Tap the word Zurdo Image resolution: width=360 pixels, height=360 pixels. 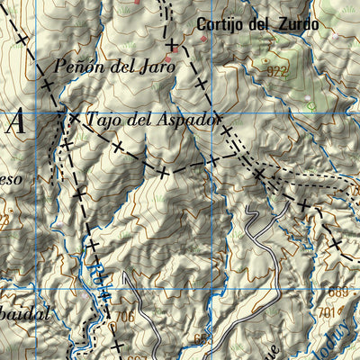click(296, 25)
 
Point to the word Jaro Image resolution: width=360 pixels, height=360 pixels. click(154, 66)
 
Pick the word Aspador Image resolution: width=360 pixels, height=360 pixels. click(186, 118)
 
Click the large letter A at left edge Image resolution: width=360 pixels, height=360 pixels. click(14, 124)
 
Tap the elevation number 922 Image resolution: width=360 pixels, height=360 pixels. click(278, 69)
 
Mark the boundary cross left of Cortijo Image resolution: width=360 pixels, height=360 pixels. click(171, 42)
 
